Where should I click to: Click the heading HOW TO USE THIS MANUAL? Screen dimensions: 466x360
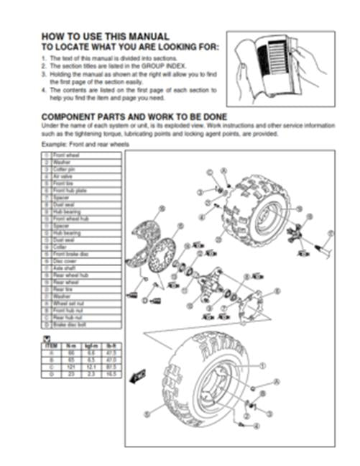point(105,36)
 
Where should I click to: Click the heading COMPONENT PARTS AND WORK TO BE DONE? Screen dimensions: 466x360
point(134,116)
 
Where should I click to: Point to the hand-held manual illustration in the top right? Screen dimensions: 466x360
point(280,68)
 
